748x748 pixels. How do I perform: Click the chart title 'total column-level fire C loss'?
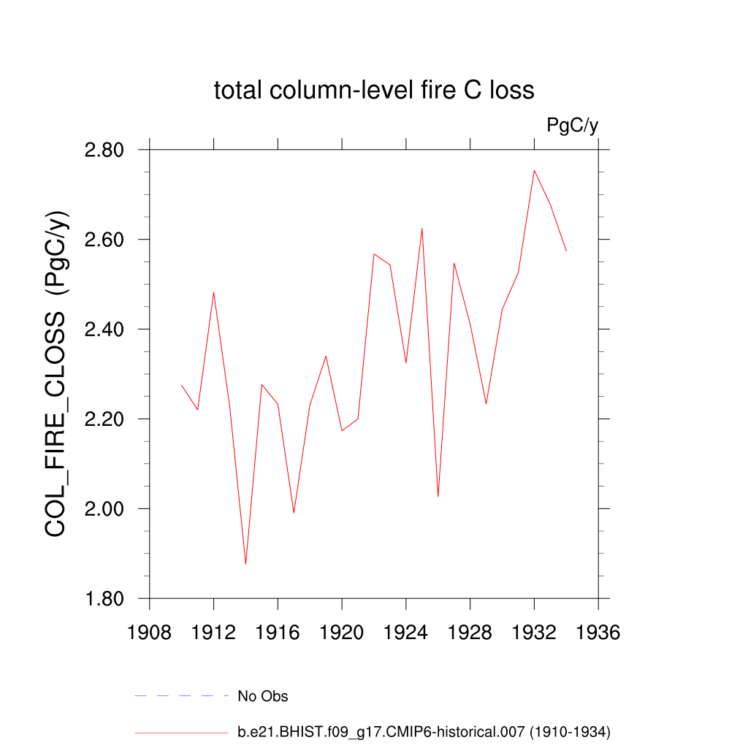[374, 91]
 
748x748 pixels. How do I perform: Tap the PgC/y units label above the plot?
[572, 126]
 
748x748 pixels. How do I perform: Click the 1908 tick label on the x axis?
[150, 632]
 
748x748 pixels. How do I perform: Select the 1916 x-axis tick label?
[278, 632]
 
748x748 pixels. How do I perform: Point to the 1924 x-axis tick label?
[406, 632]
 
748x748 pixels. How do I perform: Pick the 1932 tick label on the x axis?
[534, 632]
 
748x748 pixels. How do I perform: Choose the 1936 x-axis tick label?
[598, 632]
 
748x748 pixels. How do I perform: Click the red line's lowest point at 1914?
[245, 564]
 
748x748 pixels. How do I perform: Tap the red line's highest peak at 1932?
[534, 171]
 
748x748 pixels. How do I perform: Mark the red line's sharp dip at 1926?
[438, 497]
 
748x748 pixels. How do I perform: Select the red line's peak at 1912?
[213, 292]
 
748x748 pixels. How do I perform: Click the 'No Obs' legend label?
[263, 696]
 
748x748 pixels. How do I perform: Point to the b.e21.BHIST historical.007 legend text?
[424, 731]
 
